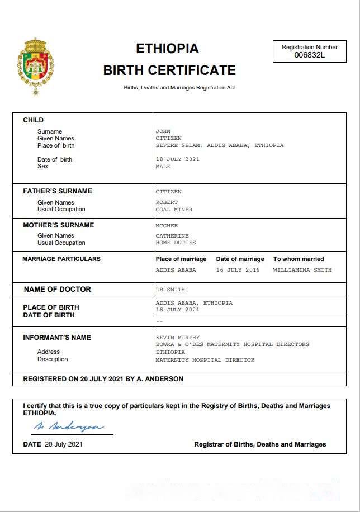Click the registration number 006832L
[309, 55]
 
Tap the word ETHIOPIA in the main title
[167, 49]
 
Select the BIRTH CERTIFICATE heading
[169, 70]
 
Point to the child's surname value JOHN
[163, 131]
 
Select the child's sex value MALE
[163, 167]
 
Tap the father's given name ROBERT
[167, 202]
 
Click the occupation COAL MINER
[174, 210]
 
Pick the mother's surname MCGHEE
[167, 226]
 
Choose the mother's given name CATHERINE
[172, 236]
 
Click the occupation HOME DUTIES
[176, 243]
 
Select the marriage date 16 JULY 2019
[238, 270]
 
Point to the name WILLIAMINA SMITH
[302, 270]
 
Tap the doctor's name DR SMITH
[170, 290]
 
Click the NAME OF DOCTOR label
[57, 290]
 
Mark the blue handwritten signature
[68, 426]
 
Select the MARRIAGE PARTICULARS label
[61, 259]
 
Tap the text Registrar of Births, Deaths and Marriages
[260, 444]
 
